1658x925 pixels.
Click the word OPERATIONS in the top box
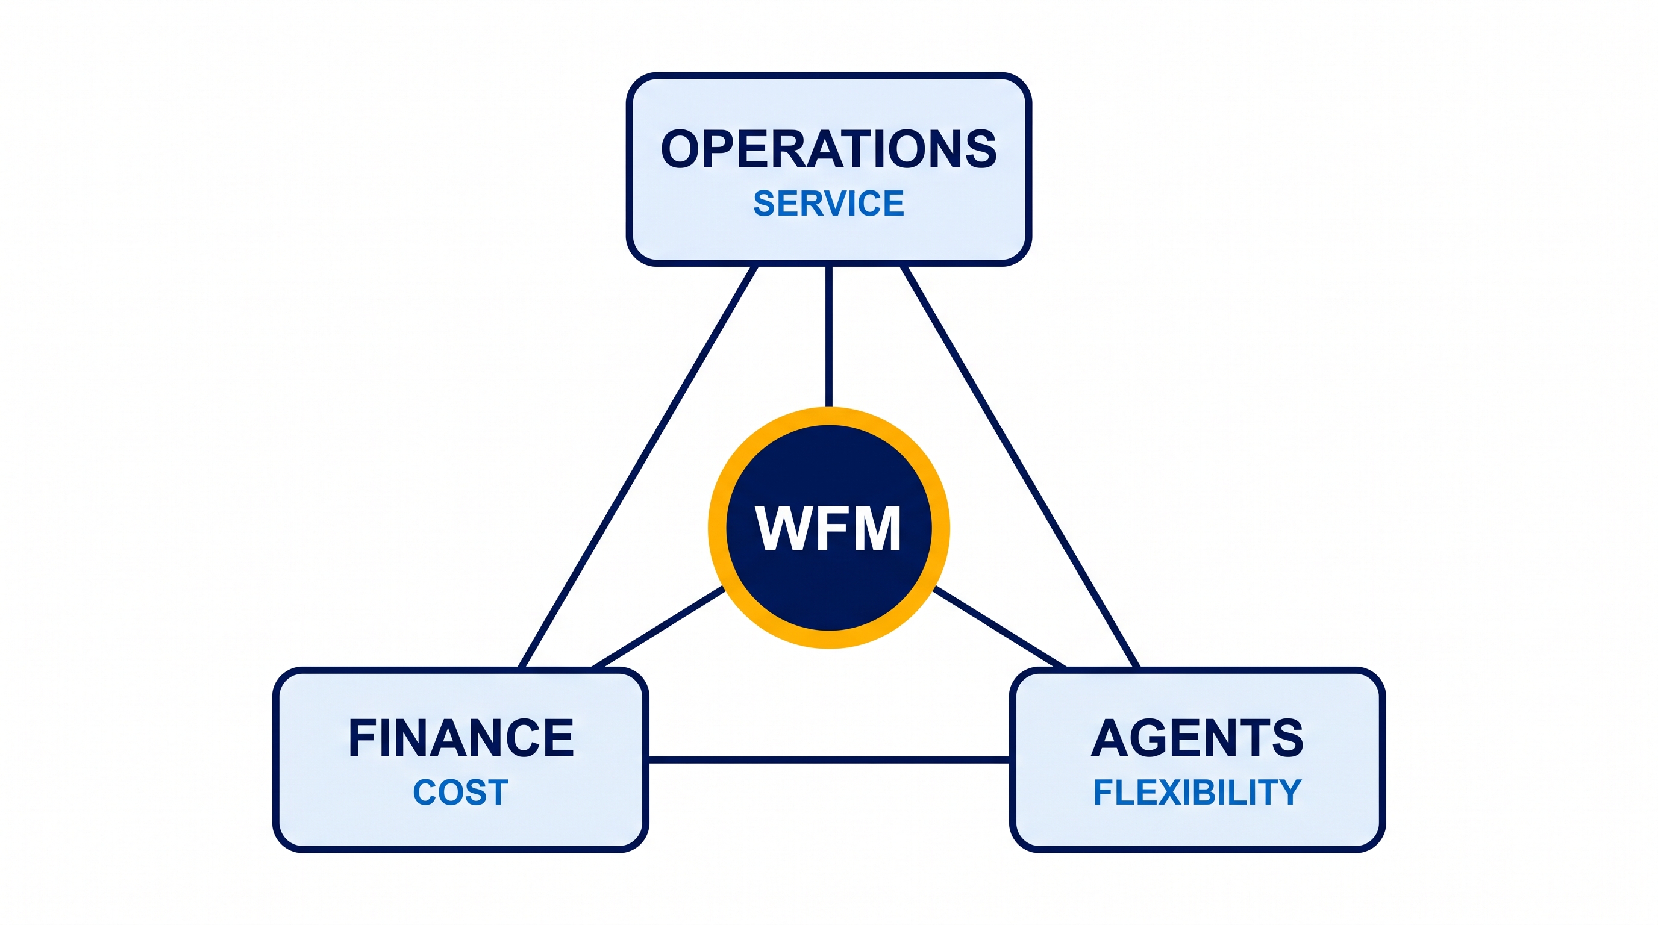pyautogui.click(x=829, y=149)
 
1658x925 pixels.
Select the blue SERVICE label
pyautogui.click(x=829, y=204)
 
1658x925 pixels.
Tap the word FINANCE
pyautogui.click(x=461, y=738)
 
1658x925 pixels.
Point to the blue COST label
pyautogui.click(x=461, y=792)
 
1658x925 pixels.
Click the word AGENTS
pyautogui.click(x=1197, y=738)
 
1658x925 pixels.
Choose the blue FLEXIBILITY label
pyautogui.click(x=1197, y=792)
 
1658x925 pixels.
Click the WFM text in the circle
pyautogui.click(x=829, y=528)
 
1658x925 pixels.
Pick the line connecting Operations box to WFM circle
pyautogui.click(x=829, y=337)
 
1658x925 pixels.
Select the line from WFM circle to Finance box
pyautogui.click(x=659, y=627)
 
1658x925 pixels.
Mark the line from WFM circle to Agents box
pyautogui.click(x=999, y=627)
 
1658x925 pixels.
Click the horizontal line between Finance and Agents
pyautogui.click(x=829, y=759)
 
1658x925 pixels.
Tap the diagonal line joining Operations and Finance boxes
pyautogui.click(x=638, y=467)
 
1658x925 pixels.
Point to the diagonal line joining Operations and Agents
pyautogui.click(x=1020, y=467)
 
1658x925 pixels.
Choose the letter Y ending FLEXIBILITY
pyautogui.click(x=1289, y=792)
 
